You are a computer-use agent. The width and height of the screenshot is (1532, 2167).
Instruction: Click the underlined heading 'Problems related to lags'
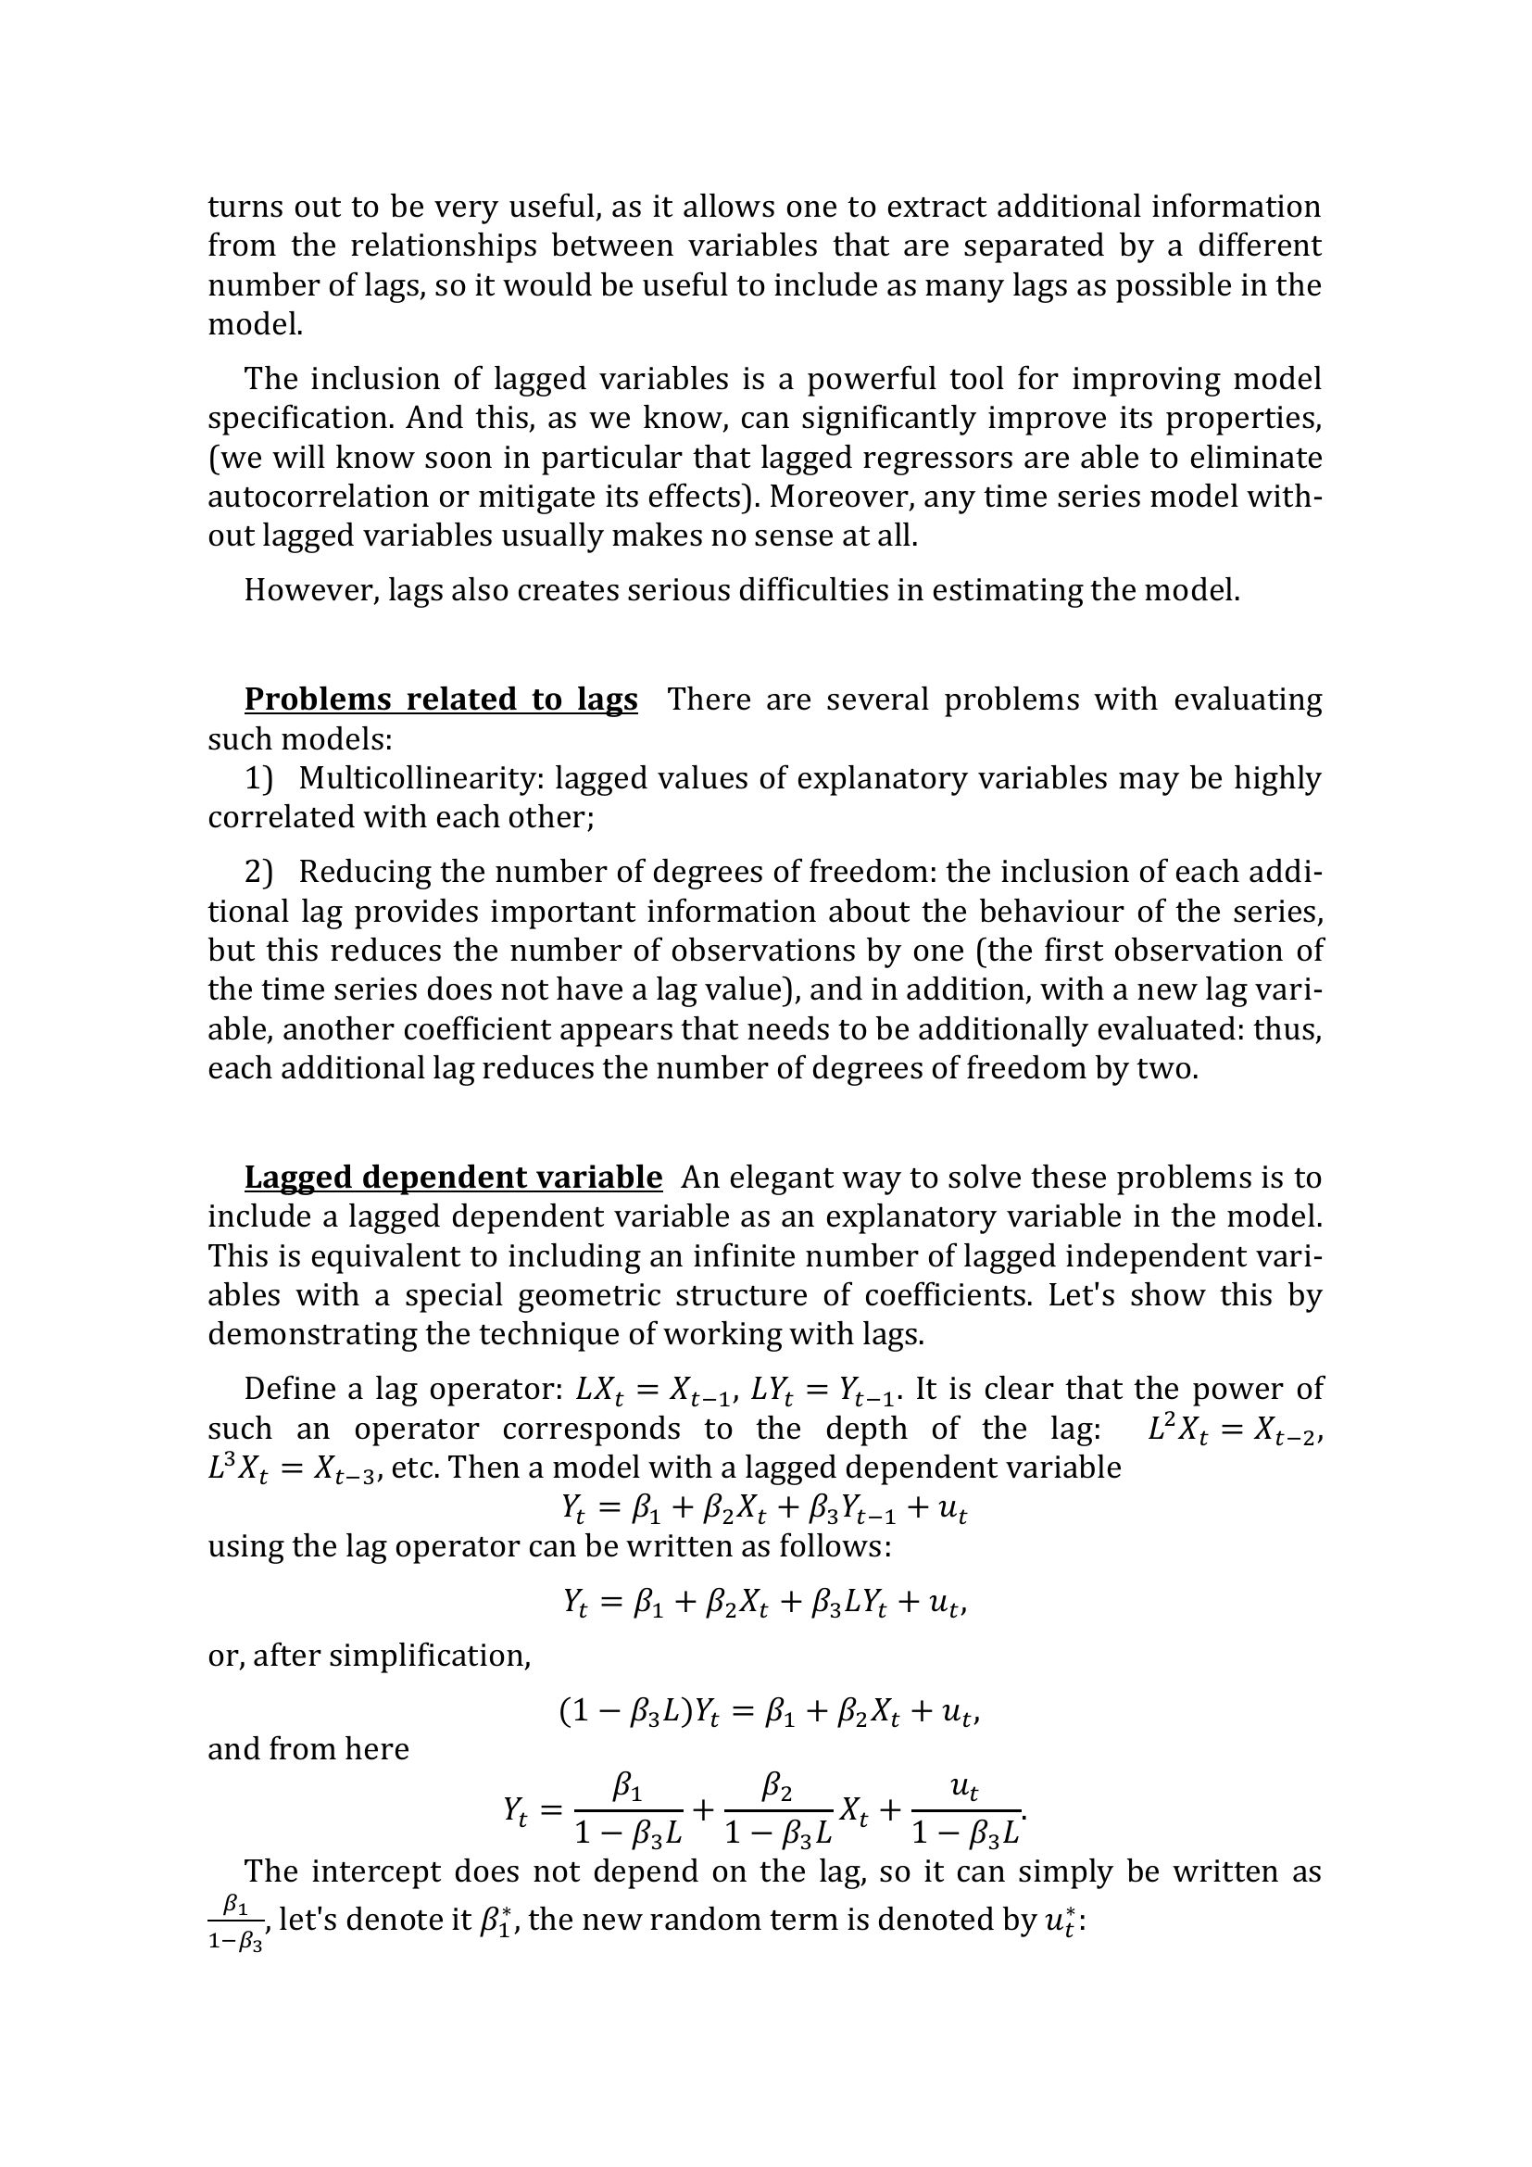click(441, 699)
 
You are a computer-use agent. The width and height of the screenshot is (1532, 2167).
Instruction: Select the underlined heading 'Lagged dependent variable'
click(453, 1177)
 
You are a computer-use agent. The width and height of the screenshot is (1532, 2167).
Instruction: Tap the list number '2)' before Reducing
click(258, 871)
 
